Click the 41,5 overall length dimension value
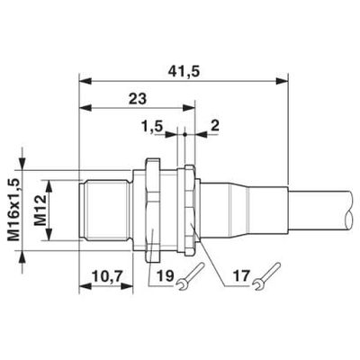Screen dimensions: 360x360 [x=183, y=66]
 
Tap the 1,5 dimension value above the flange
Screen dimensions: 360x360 [x=153, y=129]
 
